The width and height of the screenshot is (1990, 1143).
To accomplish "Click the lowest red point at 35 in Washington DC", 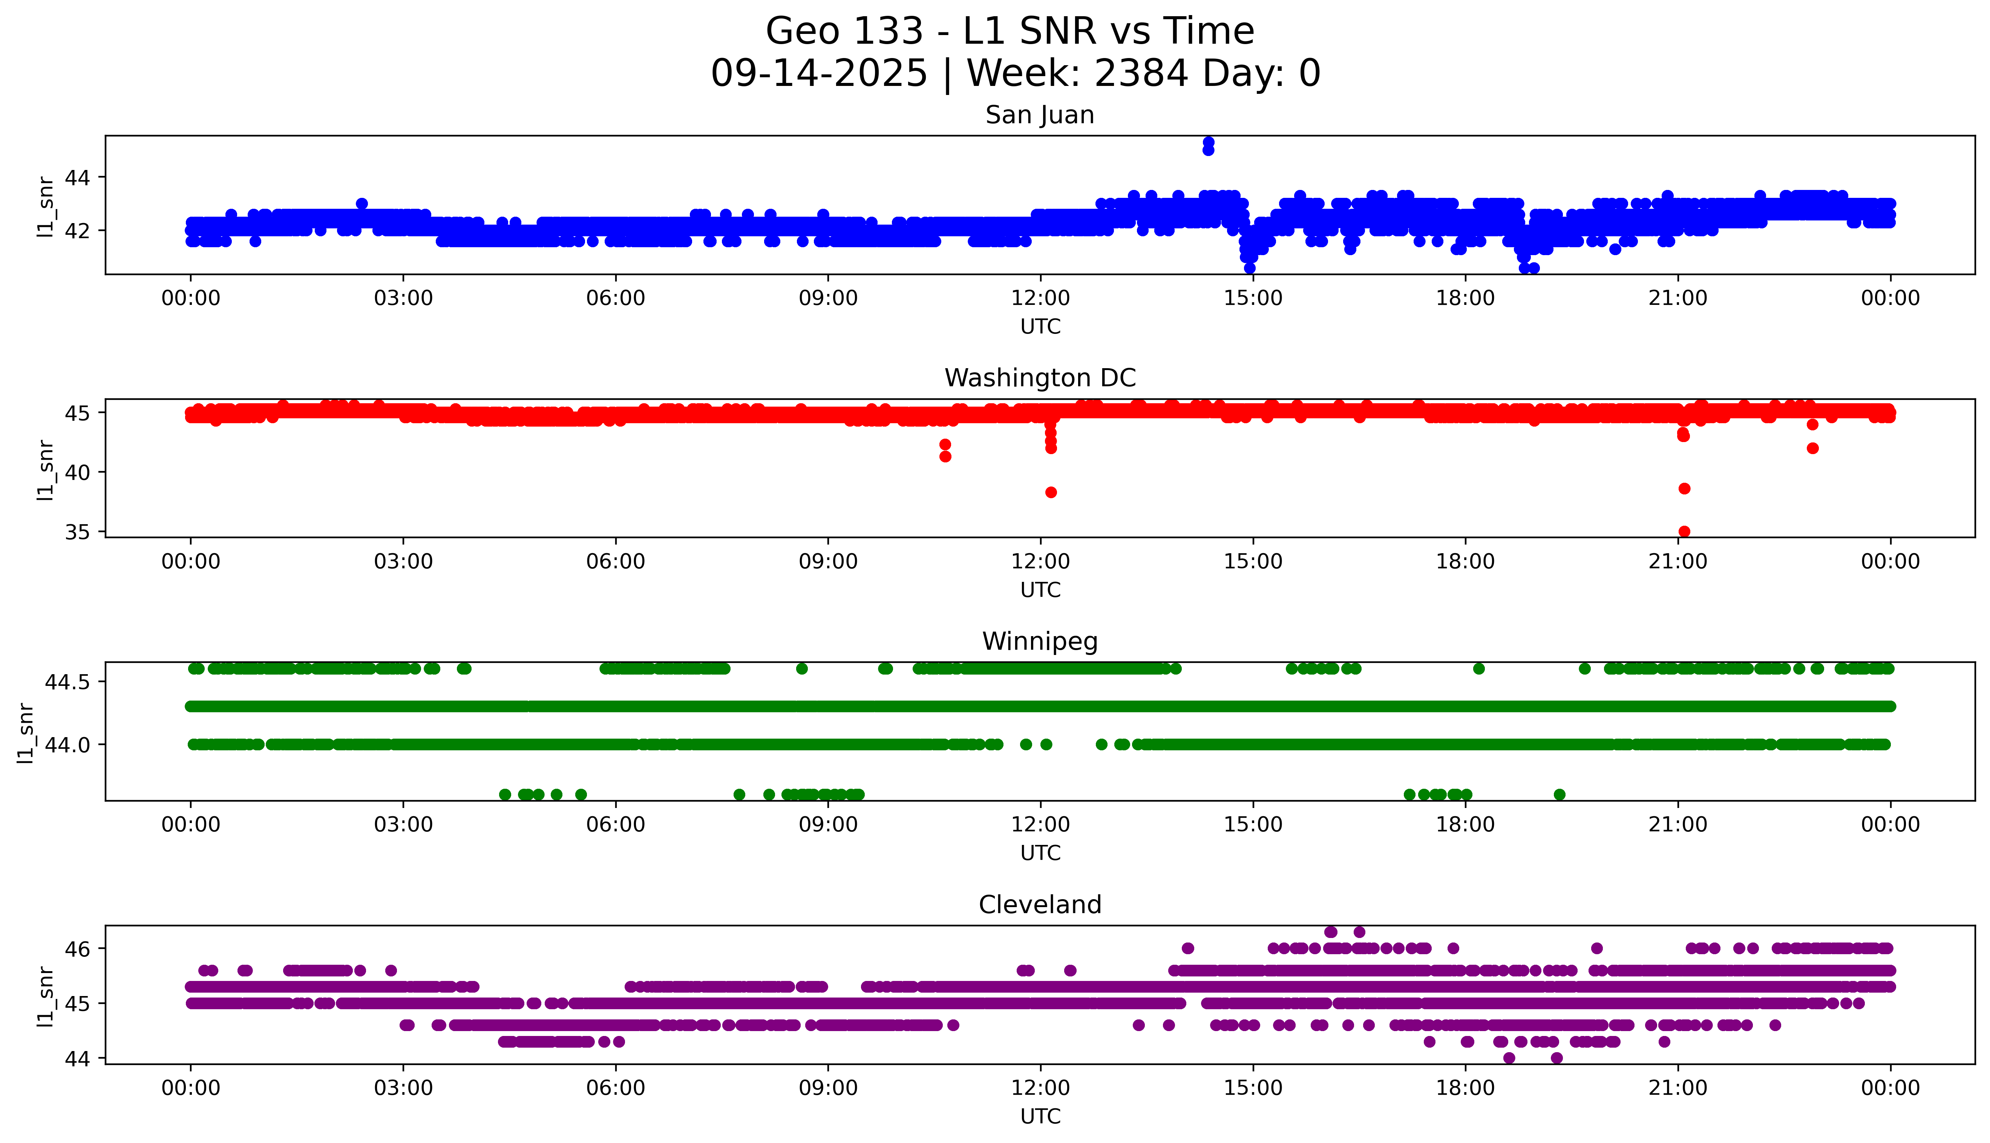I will (1684, 531).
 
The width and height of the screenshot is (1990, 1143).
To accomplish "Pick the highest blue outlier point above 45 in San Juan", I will (1208, 142).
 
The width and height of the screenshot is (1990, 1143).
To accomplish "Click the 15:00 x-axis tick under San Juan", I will (1253, 298).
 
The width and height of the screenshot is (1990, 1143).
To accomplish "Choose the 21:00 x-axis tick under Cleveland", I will (1677, 1088).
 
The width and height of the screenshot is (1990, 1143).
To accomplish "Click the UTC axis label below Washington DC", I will (1040, 589).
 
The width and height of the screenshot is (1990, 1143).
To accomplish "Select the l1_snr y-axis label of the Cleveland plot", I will (46, 996).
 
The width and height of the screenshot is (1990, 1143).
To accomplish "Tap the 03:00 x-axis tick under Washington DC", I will (403, 561).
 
